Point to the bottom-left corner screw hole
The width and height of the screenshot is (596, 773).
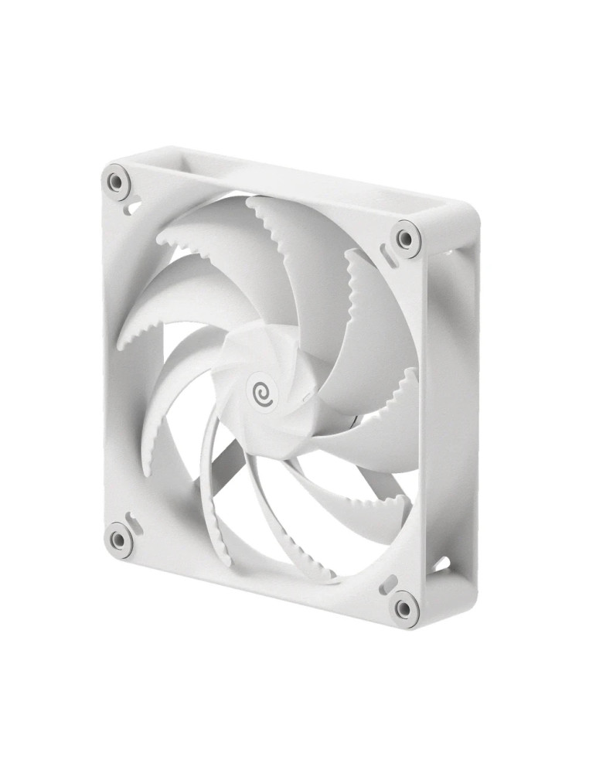[118, 539]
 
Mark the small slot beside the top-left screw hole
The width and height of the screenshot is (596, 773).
[133, 207]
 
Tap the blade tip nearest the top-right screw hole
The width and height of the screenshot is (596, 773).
[352, 255]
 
